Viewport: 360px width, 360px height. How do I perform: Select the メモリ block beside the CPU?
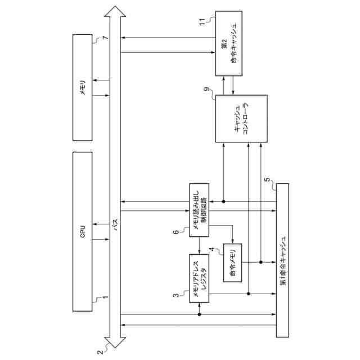tap(83, 88)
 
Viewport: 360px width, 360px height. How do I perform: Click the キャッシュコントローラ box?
tap(242, 119)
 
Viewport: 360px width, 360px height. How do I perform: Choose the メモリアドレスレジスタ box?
tap(200, 278)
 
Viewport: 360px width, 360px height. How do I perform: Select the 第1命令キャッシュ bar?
tap(281, 260)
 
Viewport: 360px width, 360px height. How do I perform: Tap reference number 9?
tap(206, 89)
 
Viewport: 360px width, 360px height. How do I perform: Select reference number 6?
tap(175, 231)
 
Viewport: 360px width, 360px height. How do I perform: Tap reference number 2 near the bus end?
tap(101, 352)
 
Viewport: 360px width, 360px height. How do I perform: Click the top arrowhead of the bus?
tap(115, 11)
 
